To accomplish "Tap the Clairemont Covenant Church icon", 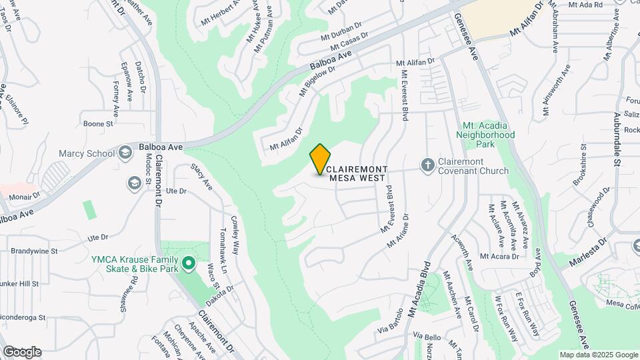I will tap(428, 164).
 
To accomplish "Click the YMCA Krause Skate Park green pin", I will tap(189, 263).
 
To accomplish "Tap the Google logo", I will tap(22, 351).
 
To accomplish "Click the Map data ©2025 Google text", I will tap(598, 355).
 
